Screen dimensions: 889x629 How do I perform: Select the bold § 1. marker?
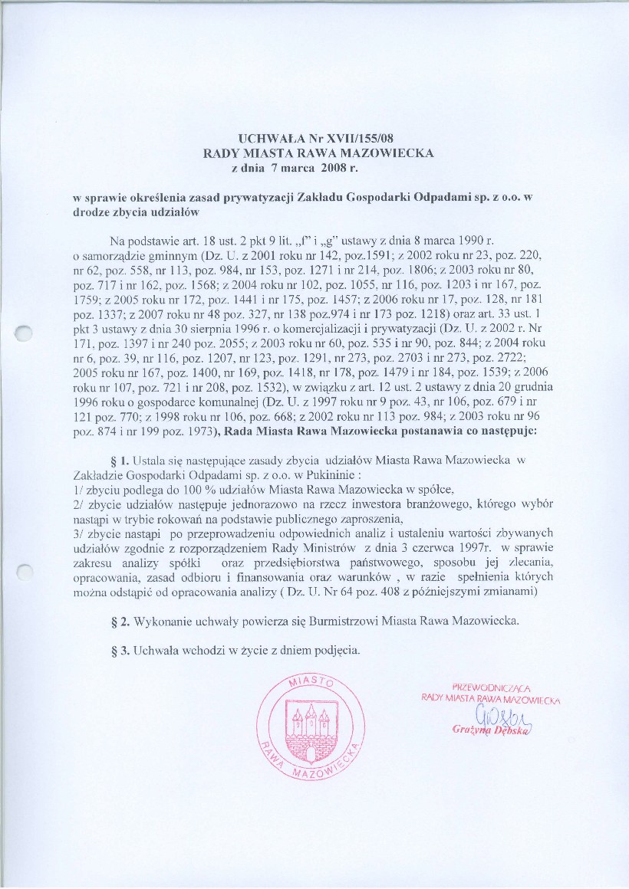coord(122,460)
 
